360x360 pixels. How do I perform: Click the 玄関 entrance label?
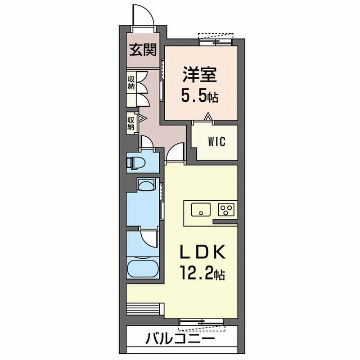tap(143, 50)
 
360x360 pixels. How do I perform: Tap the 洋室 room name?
tap(200, 75)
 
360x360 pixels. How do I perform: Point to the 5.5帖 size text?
tap(200, 97)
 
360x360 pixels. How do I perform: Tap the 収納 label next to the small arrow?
tap(131, 123)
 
